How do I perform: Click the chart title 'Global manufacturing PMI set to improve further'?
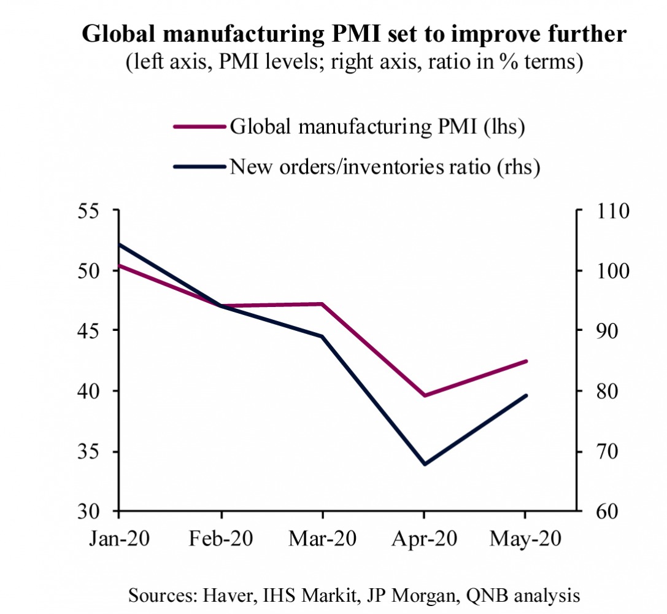(354, 34)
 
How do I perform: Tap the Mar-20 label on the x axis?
(322, 538)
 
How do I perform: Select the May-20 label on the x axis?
(525, 538)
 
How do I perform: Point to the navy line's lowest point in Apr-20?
(424, 464)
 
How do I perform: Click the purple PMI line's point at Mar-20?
(322, 304)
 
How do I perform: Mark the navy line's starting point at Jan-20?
(119, 244)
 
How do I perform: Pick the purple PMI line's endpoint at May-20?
(526, 361)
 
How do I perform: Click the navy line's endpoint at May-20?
(526, 395)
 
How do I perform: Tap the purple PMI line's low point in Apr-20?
(424, 395)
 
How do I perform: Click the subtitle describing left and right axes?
(354, 63)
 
